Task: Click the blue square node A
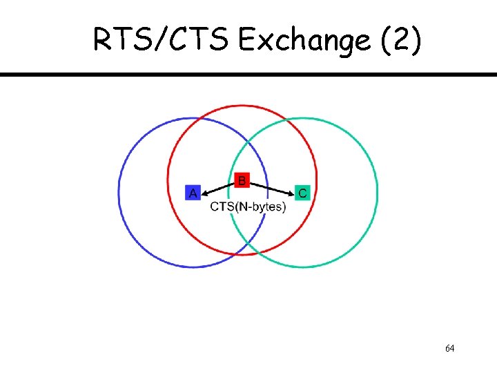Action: point(193,192)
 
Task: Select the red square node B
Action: point(241,180)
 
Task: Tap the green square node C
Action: point(301,192)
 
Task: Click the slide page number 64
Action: point(449,348)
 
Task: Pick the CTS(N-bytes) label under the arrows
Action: point(248,207)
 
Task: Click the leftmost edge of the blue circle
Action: point(119,192)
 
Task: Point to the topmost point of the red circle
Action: point(242,106)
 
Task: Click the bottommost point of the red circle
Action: point(242,254)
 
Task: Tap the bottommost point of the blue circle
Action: point(193,267)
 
